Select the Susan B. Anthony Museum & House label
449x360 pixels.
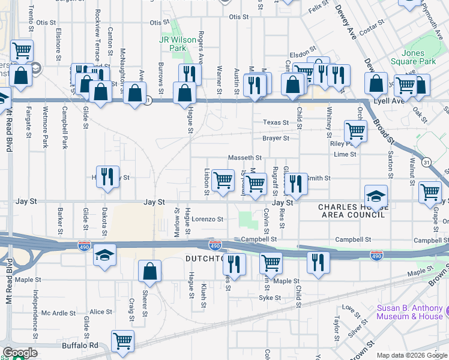409,313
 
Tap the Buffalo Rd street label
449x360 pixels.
79,346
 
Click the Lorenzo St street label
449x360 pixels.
208,220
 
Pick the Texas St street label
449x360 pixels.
276,122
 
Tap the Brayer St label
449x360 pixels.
276,138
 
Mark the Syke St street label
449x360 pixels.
270,298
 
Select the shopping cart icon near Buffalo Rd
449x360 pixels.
122,340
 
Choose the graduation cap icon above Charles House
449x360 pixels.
376,195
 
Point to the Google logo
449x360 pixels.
20,353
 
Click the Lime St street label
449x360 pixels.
345,154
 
